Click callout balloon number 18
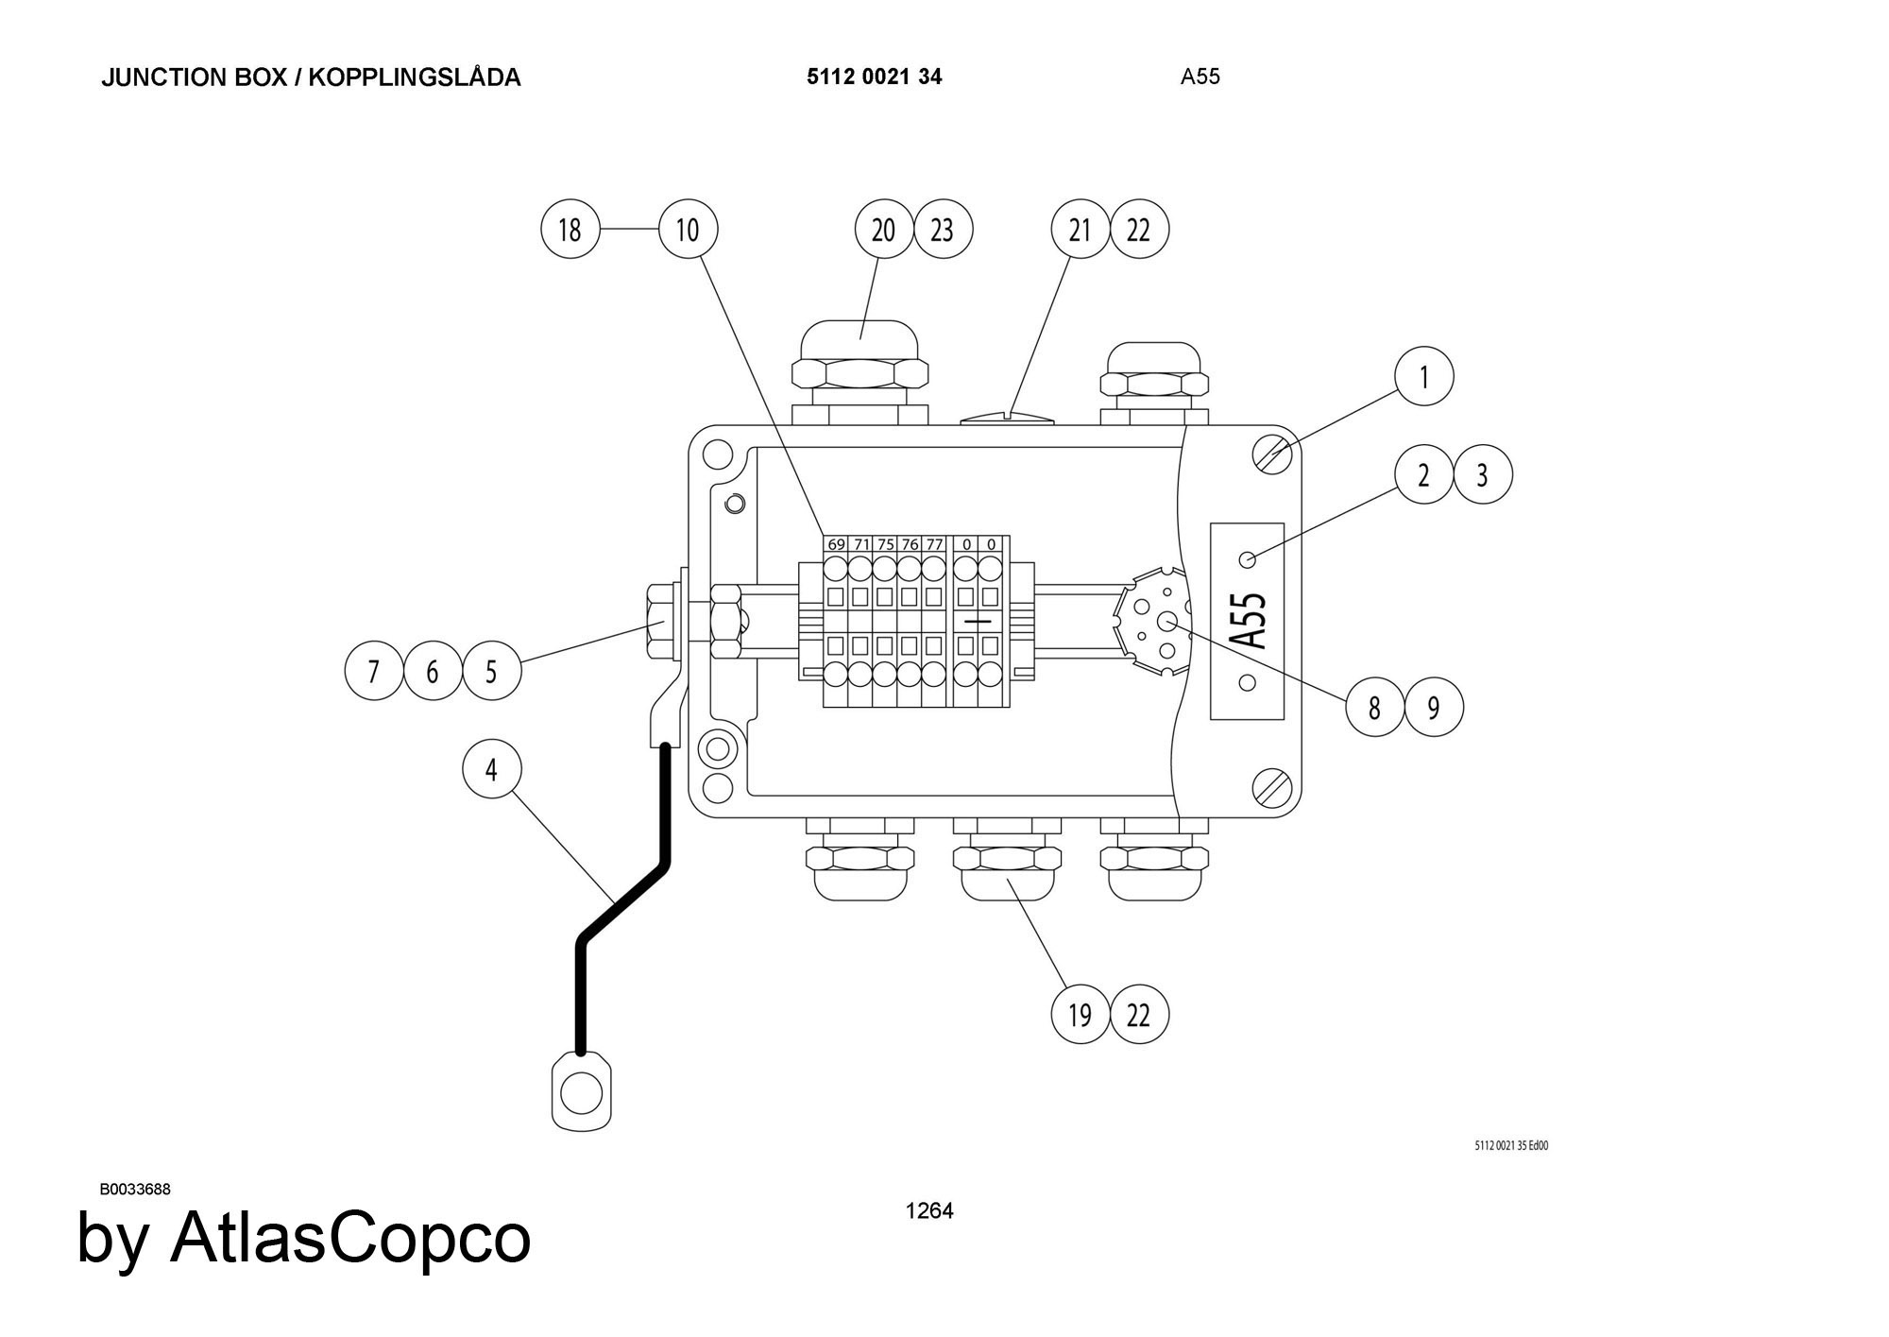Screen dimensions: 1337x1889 (570, 230)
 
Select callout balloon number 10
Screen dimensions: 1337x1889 (688, 230)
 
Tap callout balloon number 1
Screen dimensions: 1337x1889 (1423, 376)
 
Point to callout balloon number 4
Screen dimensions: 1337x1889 (491, 769)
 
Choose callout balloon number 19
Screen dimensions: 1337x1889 (1080, 1015)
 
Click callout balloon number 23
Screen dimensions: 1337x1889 (943, 230)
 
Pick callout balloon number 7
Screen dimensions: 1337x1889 (374, 671)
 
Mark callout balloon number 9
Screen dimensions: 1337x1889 (1434, 707)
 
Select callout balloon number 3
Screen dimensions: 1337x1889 (1482, 474)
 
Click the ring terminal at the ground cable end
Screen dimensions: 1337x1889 (581, 1093)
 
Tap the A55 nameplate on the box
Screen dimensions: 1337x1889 (1248, 621)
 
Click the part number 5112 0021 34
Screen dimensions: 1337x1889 (874, 77)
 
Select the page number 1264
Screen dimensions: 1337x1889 (929, 1210)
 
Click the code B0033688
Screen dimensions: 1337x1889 (135, 1190)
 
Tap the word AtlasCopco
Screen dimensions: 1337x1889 (349, 1238)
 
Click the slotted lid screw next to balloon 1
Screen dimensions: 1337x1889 (1272, 454)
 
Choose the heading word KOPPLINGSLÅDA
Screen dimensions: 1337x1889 (415, 77)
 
